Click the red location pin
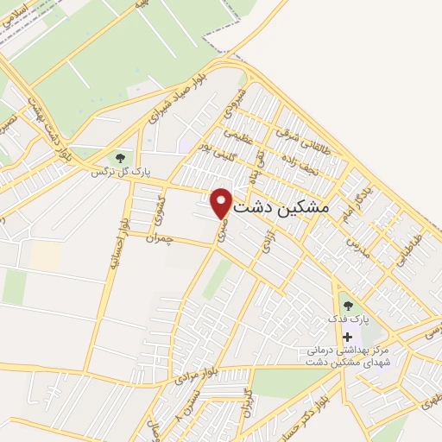221,203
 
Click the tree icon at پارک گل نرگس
120,158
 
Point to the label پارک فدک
347,319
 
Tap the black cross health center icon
347,336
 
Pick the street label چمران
161,238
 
